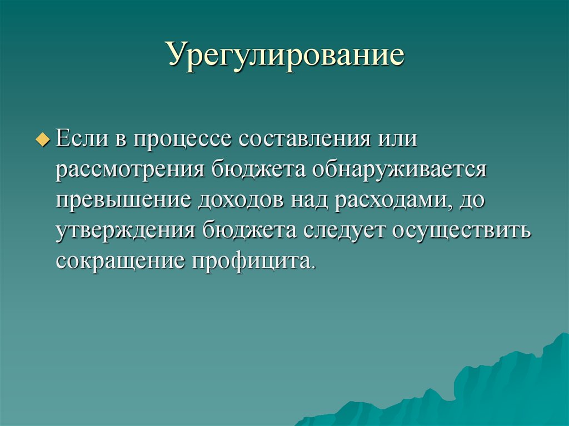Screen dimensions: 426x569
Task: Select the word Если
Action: point(81,138)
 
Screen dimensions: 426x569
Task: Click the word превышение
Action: point(122,199)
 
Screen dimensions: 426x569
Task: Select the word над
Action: point(309,199)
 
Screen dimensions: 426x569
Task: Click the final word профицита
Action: point(254,260)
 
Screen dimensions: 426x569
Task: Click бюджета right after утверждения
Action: point(246,230)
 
